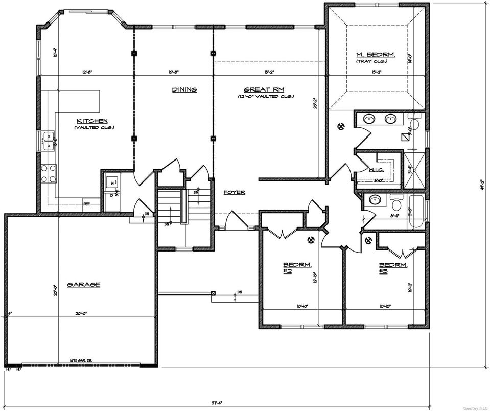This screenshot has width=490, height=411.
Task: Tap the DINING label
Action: tap(184, 89)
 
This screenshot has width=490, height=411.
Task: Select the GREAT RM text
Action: tap(264, 89)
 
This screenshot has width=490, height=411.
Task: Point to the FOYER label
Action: tap(234, 192)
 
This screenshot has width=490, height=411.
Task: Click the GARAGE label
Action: tap(83, 284)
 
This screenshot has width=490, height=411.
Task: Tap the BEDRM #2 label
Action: tap(294, 268)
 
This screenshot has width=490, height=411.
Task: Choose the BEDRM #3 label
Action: tap(393, 268)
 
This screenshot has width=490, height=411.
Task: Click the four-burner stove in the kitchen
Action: tap(48, 173)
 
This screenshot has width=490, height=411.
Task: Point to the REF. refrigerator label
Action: tap(87, 203)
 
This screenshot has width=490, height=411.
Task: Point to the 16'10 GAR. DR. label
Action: tap(81, 361)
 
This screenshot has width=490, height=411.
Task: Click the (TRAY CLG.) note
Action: tap(371, 62)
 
